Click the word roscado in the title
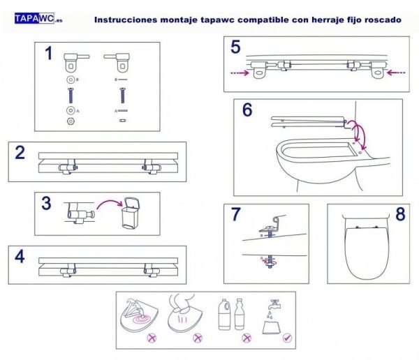pos(382,20)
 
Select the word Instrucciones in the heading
pos(121,20)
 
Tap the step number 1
pos(49,54)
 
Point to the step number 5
pos(235,48)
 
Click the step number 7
pos(237,215)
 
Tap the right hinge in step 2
pos(149,165)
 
